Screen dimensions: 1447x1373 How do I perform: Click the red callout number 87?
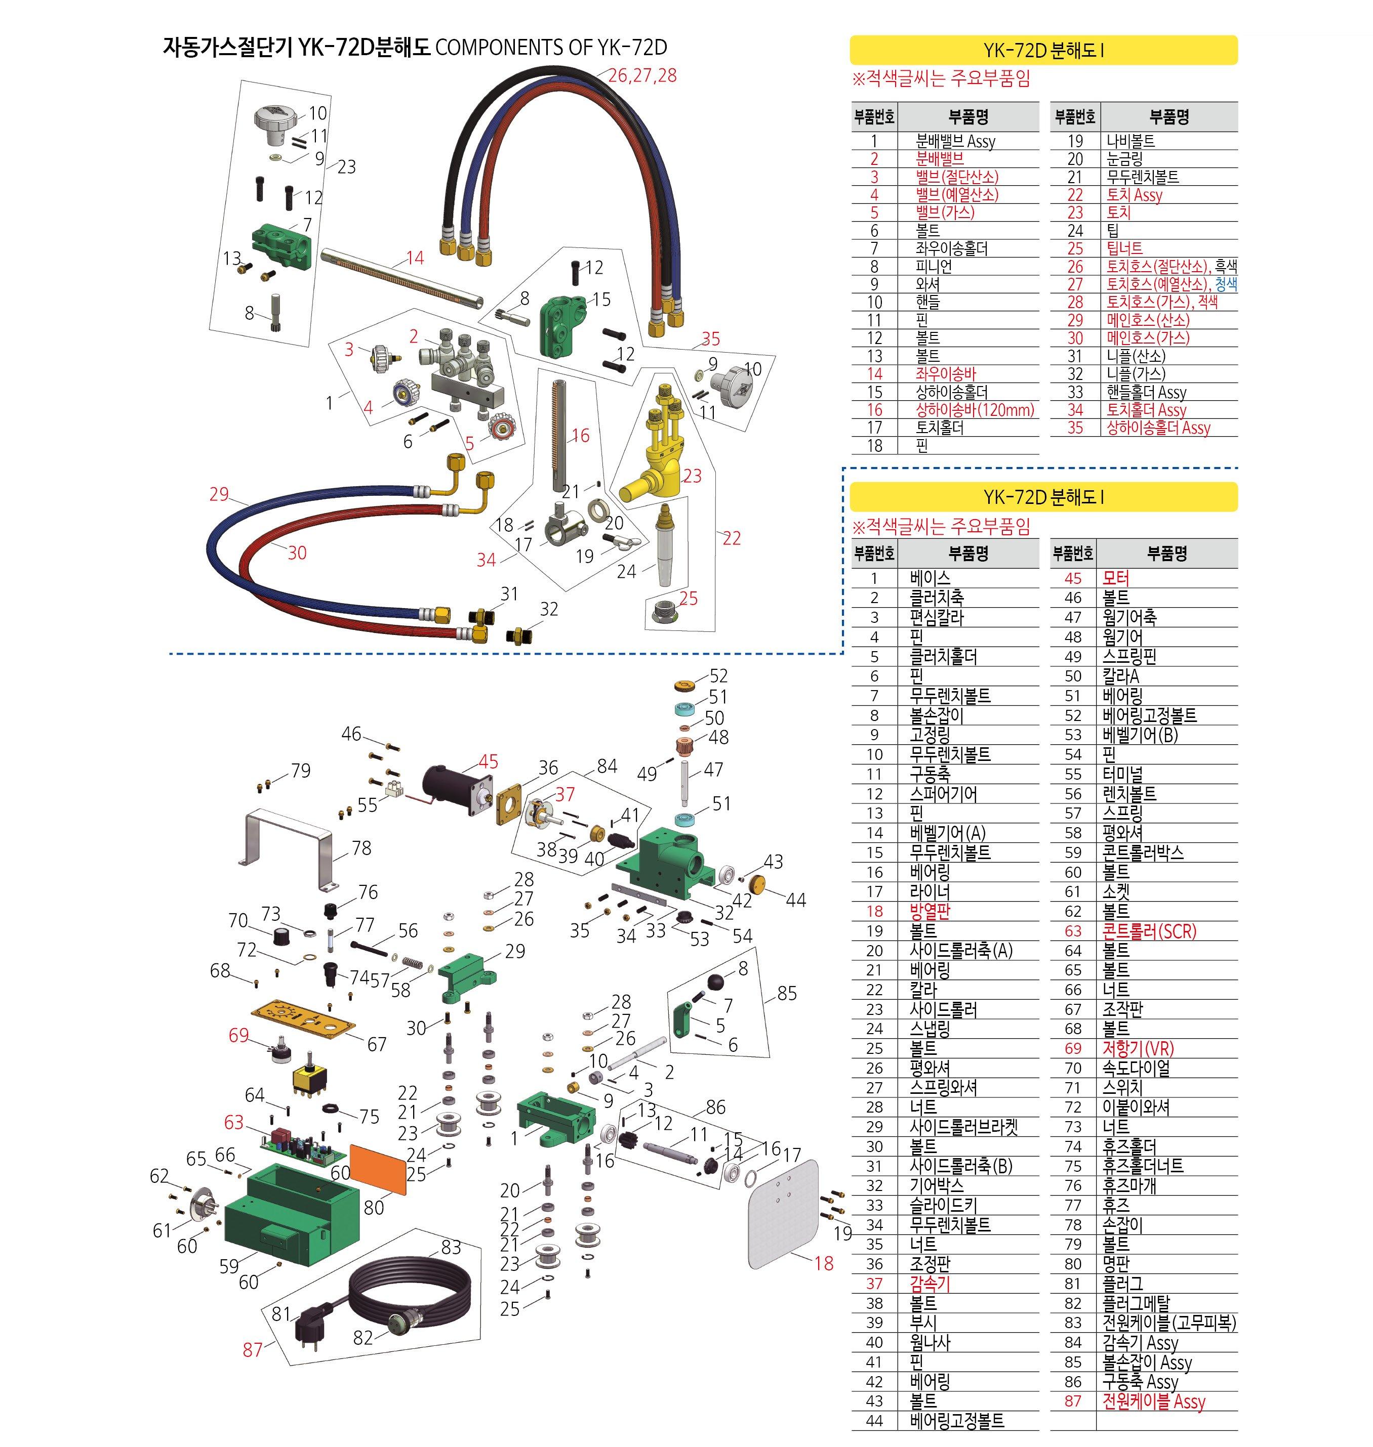click(x=253, y=1350)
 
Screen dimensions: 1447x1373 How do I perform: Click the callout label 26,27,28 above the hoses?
click(x=642, y=75)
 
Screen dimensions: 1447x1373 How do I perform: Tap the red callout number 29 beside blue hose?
click(x=219, y=494)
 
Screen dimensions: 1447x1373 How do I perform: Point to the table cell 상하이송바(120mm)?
click(x=975, y=410)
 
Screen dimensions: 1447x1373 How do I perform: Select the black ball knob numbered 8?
click(x=716, y=982)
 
